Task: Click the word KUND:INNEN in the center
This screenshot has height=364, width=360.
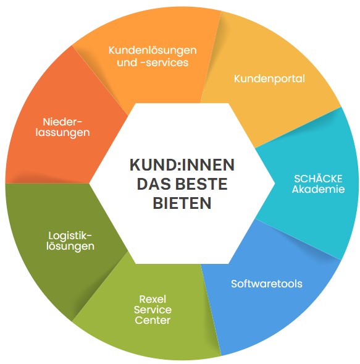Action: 182,165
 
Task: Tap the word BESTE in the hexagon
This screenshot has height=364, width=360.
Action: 201,184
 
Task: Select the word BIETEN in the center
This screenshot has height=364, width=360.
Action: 182,203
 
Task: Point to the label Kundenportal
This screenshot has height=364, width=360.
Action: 269,79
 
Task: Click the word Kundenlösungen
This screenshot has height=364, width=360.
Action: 153,51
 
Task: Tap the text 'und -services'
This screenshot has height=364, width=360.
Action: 153,62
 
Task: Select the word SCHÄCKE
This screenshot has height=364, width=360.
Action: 318,179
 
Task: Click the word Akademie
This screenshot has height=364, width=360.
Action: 318,189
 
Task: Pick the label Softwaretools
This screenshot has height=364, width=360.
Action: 267,284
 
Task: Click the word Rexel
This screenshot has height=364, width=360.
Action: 153,299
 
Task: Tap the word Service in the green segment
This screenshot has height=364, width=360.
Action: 153,310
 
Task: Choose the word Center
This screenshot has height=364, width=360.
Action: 153,320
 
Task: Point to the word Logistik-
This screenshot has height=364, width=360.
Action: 70,236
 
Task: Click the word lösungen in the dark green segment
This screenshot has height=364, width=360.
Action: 70,247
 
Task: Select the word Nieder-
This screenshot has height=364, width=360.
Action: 62,122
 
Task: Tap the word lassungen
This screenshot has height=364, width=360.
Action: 62,132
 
